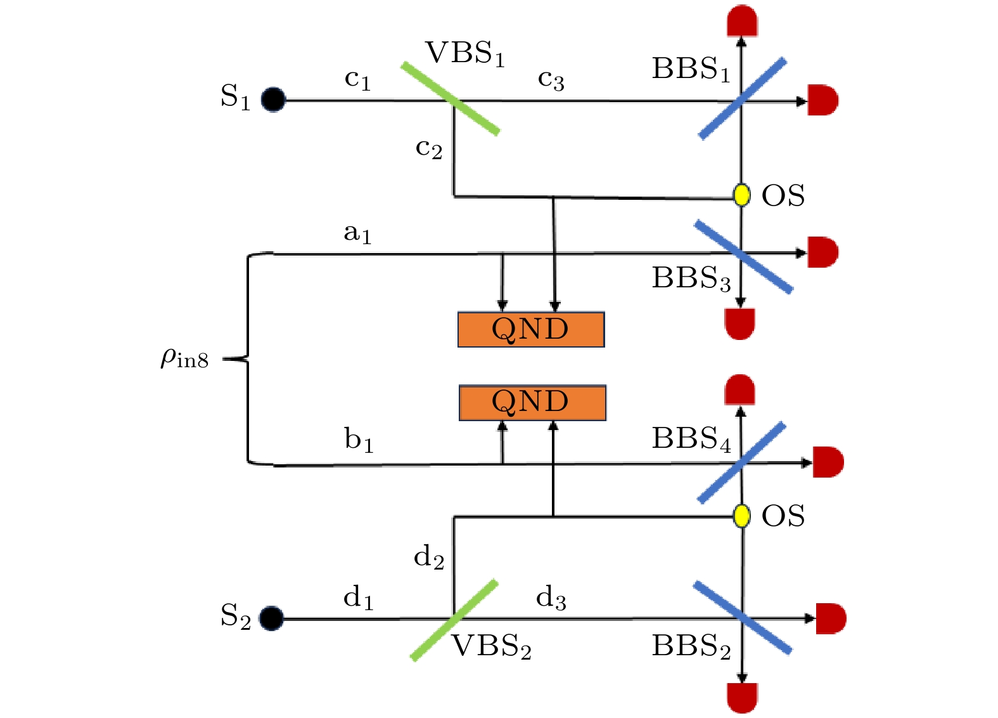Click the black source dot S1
274,100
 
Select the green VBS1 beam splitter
451,98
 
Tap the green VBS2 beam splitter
454,620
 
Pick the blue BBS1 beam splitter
743,99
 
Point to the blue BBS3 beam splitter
743,257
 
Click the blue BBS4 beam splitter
741,463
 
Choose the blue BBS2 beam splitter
742,618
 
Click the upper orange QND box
531,329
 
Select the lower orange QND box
532,403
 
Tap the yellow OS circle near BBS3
741,195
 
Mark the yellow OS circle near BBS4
741,516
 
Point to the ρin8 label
184,358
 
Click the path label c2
428,148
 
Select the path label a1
357,233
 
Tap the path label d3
551,597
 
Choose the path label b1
359,440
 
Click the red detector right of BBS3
823,252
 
